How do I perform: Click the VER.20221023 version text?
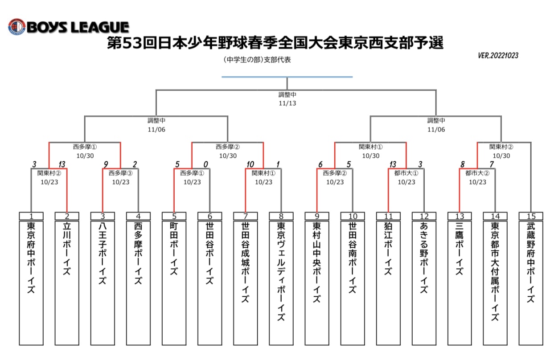498,56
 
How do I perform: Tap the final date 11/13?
287,103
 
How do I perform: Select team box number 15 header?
531,216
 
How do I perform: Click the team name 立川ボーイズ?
67,248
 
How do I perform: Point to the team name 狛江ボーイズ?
388,248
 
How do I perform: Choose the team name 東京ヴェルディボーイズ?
281,271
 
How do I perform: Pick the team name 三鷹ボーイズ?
460,248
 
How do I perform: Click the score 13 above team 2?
62,164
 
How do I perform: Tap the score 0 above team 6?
206,164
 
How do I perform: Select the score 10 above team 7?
250,164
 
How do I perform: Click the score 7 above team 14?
492,164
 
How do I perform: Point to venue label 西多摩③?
120,173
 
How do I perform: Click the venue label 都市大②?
477,173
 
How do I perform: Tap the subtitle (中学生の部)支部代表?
257,60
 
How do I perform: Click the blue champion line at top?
287,77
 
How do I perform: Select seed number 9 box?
317,216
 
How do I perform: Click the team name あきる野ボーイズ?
424,258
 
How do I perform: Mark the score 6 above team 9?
320,164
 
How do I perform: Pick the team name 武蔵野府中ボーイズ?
531,262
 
